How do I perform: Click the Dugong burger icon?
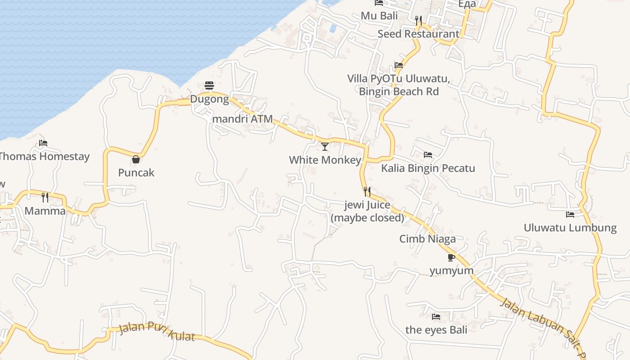pos(209,85)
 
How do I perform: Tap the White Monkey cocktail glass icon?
pos(325,146)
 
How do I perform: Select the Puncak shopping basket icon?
pos(136,159)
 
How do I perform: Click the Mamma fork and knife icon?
pos(45,197)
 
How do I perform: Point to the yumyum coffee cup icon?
pos(451,257)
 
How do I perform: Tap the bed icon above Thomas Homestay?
pos(43,143)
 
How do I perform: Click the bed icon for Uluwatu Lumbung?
pos(570,214)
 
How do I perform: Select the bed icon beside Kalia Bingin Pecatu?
pos(428,155)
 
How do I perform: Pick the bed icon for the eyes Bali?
pos(436,317)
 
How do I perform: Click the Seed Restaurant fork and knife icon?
pos(418,20)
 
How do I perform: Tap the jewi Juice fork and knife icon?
pos(367,192)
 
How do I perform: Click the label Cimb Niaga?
pos(427,239)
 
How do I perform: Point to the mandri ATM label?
pos(242,119)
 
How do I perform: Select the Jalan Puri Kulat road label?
pos(157,332)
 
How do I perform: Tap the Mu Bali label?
pos(379,16)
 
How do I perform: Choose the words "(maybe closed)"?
pos(368,218)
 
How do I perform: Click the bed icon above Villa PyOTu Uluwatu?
pos(399,65)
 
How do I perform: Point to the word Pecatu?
pos(457,168)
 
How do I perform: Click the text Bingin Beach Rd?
pos(399,91)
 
